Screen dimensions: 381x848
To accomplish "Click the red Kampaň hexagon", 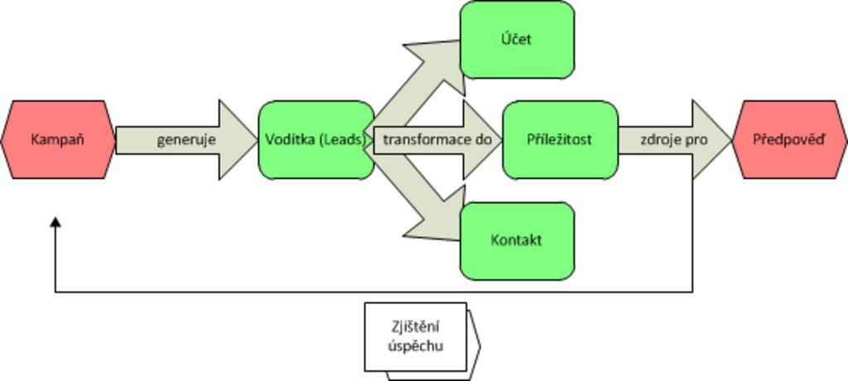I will click(x=58, y=140).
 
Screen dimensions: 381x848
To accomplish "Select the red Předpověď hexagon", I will click(x=789, y=140).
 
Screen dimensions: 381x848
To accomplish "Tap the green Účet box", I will click(x=517, y=40).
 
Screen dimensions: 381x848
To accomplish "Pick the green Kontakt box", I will click(x=517, y=241).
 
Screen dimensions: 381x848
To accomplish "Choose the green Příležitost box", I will click(x=560, y=140).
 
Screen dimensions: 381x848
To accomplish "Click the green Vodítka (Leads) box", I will click(x=316, y=140).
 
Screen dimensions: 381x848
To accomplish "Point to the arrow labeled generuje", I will click(x=186, y=140).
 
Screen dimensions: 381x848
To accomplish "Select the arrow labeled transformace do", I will click(x=437, y=140).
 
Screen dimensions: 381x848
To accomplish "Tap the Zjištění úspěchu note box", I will click(x=417, y=336).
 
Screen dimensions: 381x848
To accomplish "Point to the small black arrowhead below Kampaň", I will click(x=55, y=224).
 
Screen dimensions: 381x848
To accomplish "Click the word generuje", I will click(x=186, y=140).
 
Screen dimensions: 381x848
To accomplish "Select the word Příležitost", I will click(x=560, y=140).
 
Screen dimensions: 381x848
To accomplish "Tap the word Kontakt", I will click(x=517, y=241).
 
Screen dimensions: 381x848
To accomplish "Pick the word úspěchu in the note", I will click(x=416, y=345).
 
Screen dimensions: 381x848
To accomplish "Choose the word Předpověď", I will click(x=789, y=140).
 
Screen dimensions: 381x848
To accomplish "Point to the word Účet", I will click(x=517, y=40).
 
